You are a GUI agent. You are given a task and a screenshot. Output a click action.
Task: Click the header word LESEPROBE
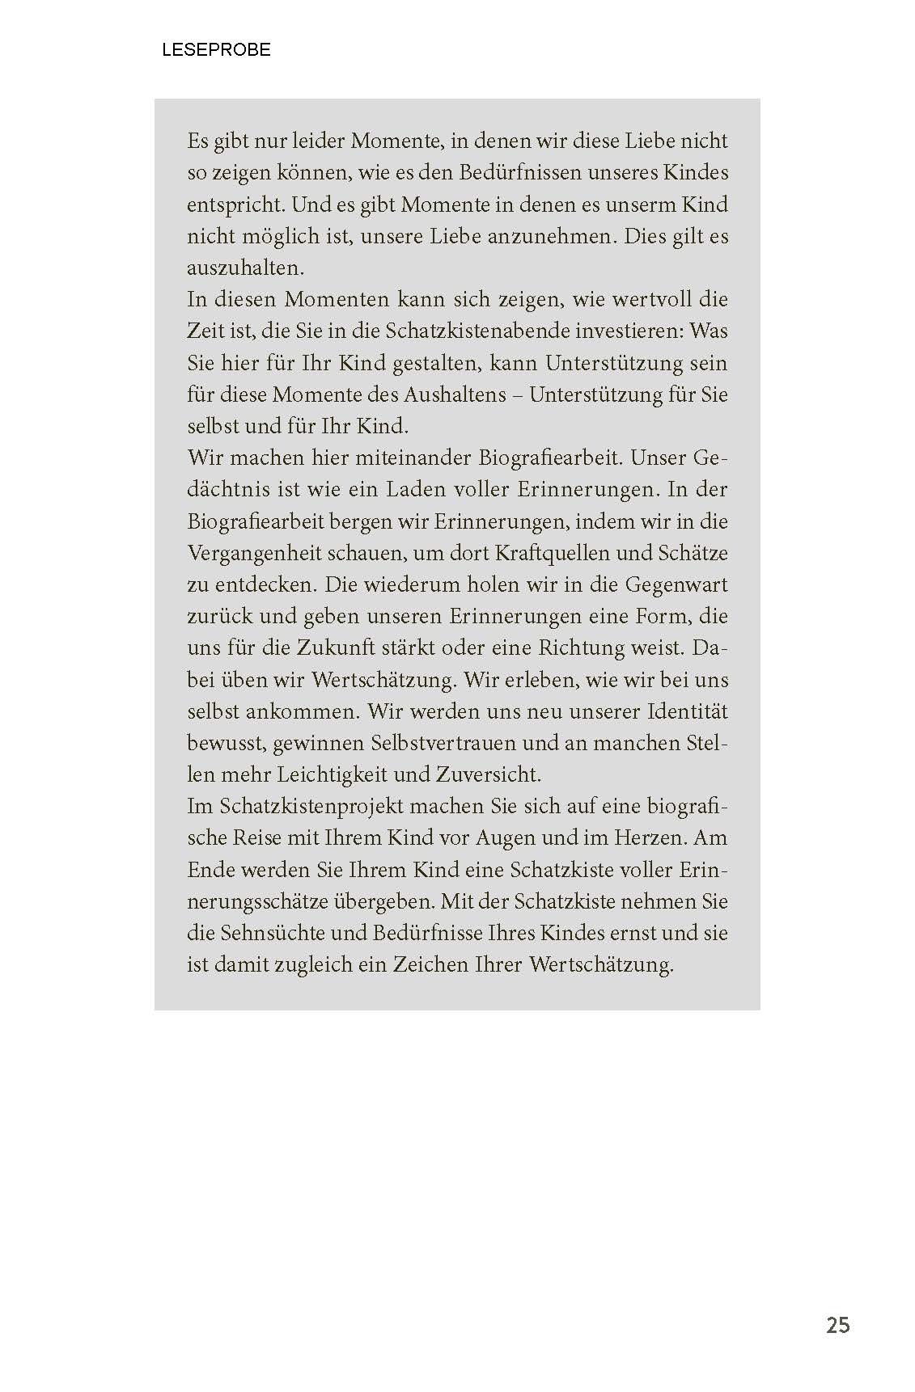(x=216, y=50)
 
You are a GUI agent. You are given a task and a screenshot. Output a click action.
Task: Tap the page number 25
(x=837, y=1326)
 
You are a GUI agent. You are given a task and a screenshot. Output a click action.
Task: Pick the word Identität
(x=687, y=712)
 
